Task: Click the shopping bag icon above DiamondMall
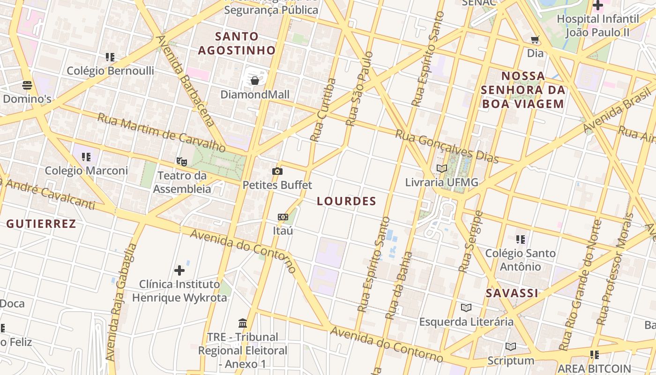pyautogui.click(x=255, y=81)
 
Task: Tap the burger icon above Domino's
pyautogui.click(x=27, y=85)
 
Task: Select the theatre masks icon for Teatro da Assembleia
pyautogui.click(x=182, y=162)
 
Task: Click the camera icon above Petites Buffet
pyautogui.click(x=277, y=171)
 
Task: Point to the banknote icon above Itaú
pyautogui.click(x=283, y=217)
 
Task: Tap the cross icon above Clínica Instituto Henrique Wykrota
pyautogui.click(x=179, y=270)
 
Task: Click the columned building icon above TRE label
pyautogui.click(x=243, y=323)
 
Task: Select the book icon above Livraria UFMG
pyautogui.click(x=441, y=168)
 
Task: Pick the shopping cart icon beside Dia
pyautogui.click(x=535, y=39)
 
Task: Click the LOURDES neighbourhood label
pyautogui.click(x=347, y=201)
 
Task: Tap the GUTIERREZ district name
pyautogui.click(x=41, y=224)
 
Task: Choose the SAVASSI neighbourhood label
pyautogui.click(x=512, y=293)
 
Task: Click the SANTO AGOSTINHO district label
pyautogui.click(x=237, y=43)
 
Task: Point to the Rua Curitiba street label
pyautogui.click(x=323, y=110)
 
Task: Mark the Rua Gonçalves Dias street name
pyautogui.click(x=447, y=146)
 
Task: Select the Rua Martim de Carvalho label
pyautogui.click(x=161, y=133)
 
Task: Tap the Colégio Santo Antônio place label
pyautogui.click(x=520, y=260)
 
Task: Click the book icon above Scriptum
pyautogui.click(x=511, y=346)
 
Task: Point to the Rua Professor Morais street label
pyautogui.click(x=615, y=270)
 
